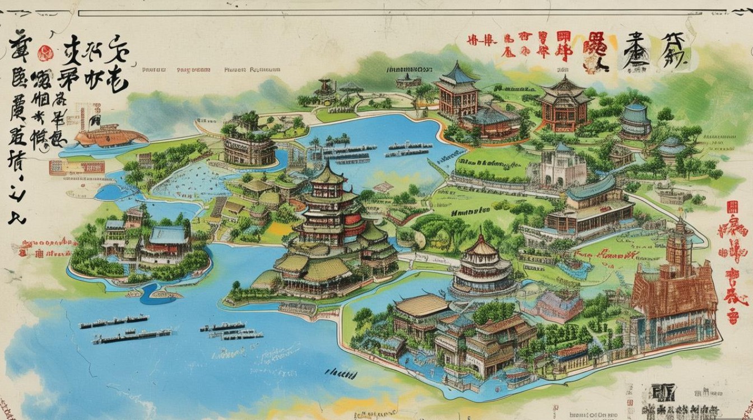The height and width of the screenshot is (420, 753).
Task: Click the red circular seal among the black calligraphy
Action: click(45, 54)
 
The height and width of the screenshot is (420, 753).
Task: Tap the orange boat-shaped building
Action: click(110, 136)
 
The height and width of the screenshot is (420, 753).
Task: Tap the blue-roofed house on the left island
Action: click(168, 236)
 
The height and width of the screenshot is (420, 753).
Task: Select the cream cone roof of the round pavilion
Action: click(481, 247)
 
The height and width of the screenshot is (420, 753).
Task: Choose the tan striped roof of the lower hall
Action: click(422, 305)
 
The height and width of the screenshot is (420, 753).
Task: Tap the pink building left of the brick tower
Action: click(560, 305)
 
